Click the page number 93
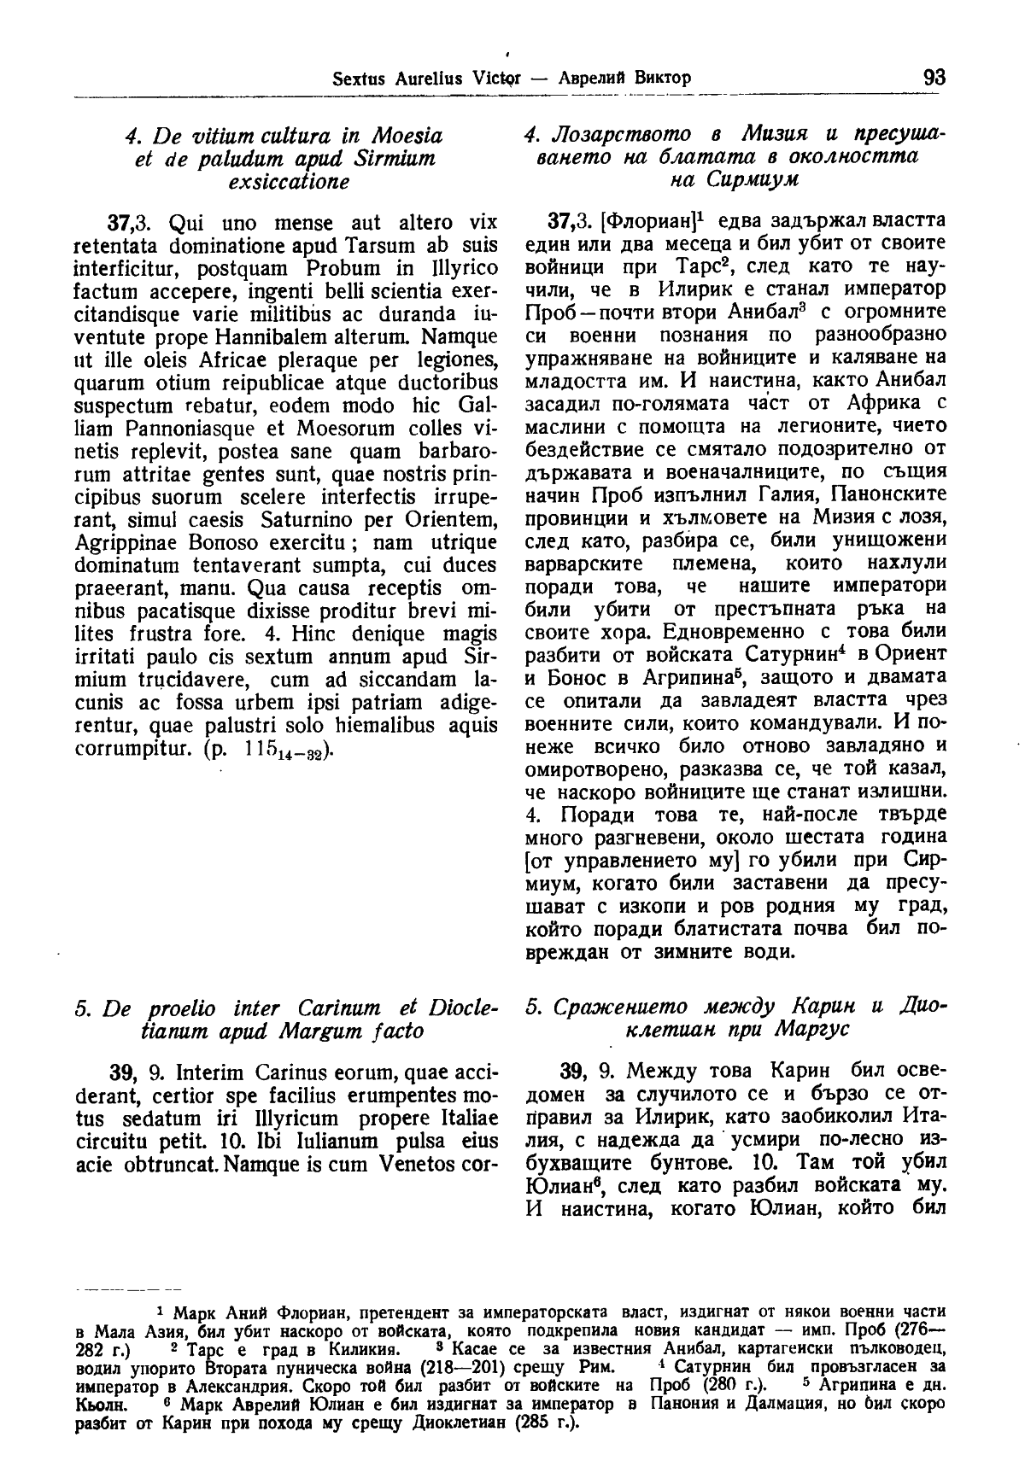tap(934, 77)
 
